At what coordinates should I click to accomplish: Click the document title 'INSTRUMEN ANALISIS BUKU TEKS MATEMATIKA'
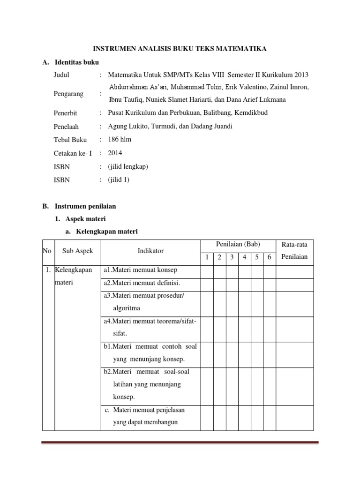point(180,48)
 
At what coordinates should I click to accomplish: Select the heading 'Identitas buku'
point(77,62)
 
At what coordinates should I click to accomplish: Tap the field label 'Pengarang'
point(68,94)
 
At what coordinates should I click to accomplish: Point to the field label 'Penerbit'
point(66,113)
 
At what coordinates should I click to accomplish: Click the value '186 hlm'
point(120,139)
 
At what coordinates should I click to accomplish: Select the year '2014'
point(115,152)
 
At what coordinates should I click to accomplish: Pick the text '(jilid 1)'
point(118,179)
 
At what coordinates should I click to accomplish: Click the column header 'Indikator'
point(150,251)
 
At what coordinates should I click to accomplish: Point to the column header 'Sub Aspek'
point(78,251)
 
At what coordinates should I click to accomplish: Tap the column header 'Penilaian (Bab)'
point(238,244)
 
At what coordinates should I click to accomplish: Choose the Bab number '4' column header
point(244,257)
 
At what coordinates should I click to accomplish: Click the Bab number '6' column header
point(269,257)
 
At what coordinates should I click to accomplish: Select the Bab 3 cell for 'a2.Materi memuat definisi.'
point(232,283)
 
